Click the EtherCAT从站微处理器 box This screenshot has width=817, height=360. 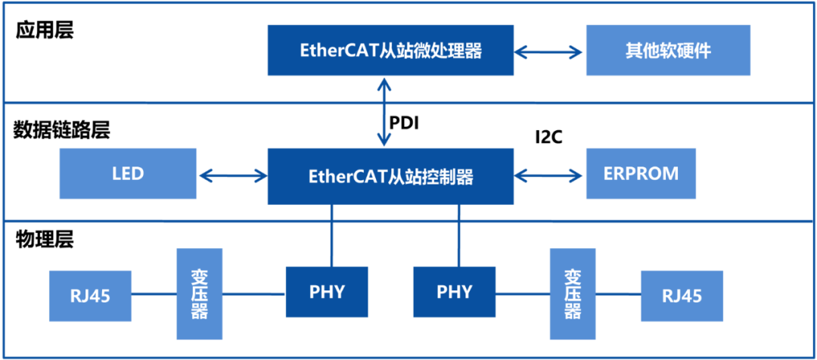click(390, 51)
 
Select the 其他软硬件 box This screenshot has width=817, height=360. click(668, 51)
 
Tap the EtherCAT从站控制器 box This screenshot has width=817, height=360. click(390, 176)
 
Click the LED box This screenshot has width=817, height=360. click(128, 174)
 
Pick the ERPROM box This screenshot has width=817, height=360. click(641, 174)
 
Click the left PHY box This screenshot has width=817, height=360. click(327, 292)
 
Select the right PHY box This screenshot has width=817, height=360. click(454, 292)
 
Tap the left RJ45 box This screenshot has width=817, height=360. click(90, 295)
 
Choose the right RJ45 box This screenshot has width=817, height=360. click(681, 295)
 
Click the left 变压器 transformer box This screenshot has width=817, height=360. click(200, 293)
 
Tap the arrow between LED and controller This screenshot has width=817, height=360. click(232, 176)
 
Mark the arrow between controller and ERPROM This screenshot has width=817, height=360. click(550, 176)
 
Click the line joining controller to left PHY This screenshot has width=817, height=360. click(331, 235)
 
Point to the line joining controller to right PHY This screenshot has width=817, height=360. click(458, 235)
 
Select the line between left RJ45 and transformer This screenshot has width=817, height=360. click(154, 294)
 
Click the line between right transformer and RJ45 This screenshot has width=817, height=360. click(617, 294)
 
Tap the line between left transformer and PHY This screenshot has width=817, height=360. click(254, 294)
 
